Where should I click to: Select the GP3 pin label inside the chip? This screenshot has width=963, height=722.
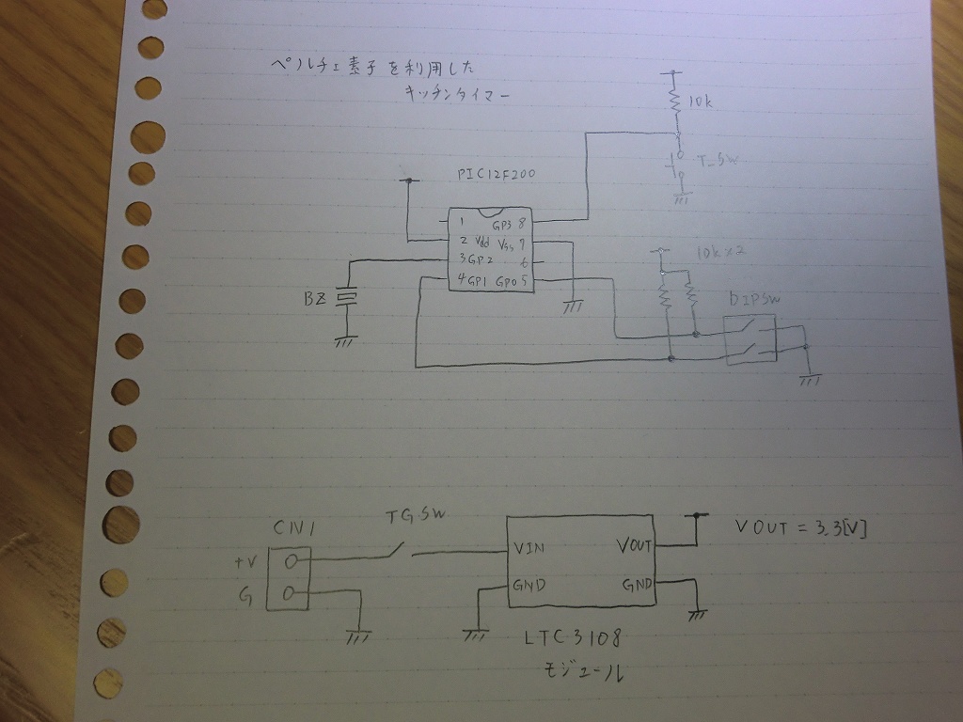(x=501, y=225)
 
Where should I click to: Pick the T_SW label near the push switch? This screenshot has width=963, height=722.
(x=717, y=161)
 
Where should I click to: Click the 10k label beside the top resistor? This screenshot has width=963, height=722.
(x=701, y=102)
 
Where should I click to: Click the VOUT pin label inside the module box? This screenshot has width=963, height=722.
(x=634, y=544)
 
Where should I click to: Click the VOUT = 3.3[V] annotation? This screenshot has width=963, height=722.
(x=800, y=528)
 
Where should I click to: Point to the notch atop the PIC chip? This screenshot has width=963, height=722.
(x=489, y=212)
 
